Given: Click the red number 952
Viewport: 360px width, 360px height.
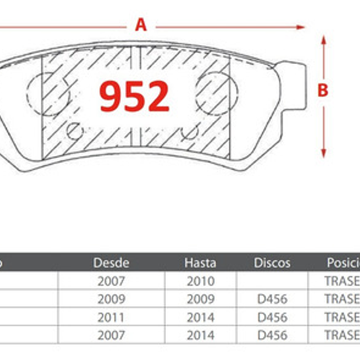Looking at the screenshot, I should (x=134, y=96).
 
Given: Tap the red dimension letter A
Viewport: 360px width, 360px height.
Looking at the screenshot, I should (x=141, y=25).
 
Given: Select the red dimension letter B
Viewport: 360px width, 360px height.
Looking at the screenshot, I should (x=323, y=90).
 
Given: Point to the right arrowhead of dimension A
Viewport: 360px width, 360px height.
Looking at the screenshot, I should (x=301, y=27).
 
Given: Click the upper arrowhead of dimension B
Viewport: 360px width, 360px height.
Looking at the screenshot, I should (x=324, y=40).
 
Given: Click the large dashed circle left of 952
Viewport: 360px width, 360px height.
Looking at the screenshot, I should (x=47, y=94).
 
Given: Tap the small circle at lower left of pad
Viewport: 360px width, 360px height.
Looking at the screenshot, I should (x=74, y=131).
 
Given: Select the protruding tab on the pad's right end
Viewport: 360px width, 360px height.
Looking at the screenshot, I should (x=294, y=85).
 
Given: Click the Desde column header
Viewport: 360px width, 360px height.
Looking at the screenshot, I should (x=111, y=263).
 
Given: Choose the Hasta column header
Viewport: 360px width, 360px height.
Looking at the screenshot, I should (x=200, y=263).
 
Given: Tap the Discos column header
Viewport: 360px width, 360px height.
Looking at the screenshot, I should (x=272, y=263).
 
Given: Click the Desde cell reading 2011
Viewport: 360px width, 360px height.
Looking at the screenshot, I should (x=111, y=317).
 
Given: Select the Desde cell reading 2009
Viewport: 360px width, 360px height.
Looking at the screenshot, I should (x=111, y=299).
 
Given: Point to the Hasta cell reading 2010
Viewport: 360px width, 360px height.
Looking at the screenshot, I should (x=200, y=281).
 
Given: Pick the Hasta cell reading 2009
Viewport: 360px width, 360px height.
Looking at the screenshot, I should (x=200, y=299).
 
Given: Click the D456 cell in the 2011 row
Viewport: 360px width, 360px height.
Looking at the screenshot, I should (x=272, y=317).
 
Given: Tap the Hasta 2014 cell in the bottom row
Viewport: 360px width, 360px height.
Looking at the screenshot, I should (x=200, y=335).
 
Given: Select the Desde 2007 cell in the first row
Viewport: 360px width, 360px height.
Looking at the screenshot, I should (x=111, y=281).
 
